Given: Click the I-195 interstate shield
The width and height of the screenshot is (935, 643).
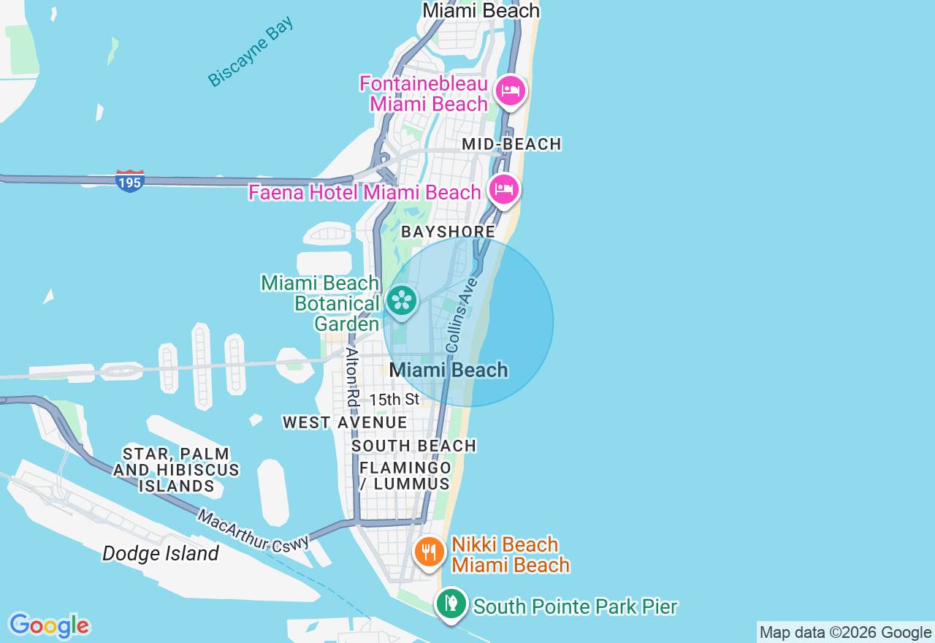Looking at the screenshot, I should click(129, 180).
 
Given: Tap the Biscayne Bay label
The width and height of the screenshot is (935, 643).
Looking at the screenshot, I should click(251, 51).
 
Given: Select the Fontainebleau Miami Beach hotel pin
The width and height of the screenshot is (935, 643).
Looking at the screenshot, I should click(511, 91).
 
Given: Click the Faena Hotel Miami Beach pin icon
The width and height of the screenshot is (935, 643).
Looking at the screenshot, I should click(504, 190).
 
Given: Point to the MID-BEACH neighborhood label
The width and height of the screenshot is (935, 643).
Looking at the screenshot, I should click(511, 145).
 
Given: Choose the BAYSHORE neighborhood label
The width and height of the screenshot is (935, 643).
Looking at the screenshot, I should click(448, 232).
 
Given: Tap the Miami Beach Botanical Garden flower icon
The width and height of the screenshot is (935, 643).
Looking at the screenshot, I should click(401, 301).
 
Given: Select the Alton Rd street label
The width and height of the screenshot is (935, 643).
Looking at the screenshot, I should click(353, 377).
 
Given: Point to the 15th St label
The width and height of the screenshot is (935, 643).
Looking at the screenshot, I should click(394, 400).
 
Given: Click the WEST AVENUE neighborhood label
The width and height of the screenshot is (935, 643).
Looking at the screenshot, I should click(345, 422).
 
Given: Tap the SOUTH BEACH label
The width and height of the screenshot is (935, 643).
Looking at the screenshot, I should click(413, 446).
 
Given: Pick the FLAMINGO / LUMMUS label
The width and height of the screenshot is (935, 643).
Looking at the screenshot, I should click(405, 475).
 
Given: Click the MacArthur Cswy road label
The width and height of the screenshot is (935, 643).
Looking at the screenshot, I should click(253, 530).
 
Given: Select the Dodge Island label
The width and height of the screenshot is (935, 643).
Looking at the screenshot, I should click(161, 553).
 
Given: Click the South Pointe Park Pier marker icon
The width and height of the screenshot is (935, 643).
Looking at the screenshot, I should click(452, 604).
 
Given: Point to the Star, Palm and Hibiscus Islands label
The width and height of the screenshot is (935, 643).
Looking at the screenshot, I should click(176, 470).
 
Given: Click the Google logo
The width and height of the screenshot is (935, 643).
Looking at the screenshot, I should click(49, 625).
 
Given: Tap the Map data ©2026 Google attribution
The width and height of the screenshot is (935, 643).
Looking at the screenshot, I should click(845, 633).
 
